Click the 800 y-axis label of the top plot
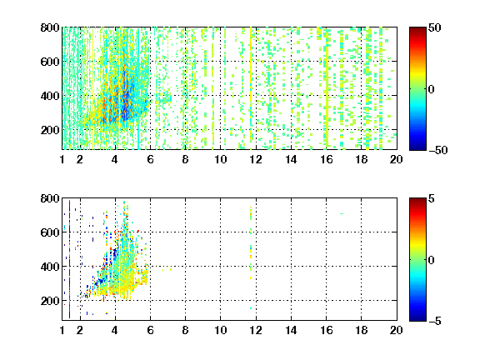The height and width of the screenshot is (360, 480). (x=50, y=27)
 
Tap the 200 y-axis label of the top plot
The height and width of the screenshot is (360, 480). (x=50, y=130)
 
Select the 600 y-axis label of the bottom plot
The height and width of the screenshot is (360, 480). (x=50, y=232)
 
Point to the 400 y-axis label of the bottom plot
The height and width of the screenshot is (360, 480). (x=50, y=267)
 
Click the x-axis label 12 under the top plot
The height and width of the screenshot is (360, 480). (x=256, y=159)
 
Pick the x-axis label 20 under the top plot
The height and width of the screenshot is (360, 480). (x=396, y=159)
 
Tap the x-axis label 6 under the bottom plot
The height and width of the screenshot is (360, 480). (x=150, y=330)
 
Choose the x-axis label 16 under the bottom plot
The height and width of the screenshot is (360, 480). (x=326, y=330)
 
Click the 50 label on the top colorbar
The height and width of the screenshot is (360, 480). (x=435, y=27)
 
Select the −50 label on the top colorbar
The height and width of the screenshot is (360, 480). (x=438, y=150)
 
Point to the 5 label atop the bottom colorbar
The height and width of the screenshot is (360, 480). (x=432, y=198)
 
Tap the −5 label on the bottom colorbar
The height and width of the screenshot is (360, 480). (x=435, y=321)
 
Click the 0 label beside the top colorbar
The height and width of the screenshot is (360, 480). (x=431, y=89)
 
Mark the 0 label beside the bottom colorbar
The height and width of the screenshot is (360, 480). (x=431, y=260)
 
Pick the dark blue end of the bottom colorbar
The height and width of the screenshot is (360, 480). (x=417, y=318)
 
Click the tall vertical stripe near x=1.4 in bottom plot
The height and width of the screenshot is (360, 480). (x=69, y=259)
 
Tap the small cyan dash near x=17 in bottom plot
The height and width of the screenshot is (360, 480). (x=342, y=213)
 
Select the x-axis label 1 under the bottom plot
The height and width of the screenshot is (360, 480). (x=62, y=330)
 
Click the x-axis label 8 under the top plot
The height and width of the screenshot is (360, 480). (x=185, y=159)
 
